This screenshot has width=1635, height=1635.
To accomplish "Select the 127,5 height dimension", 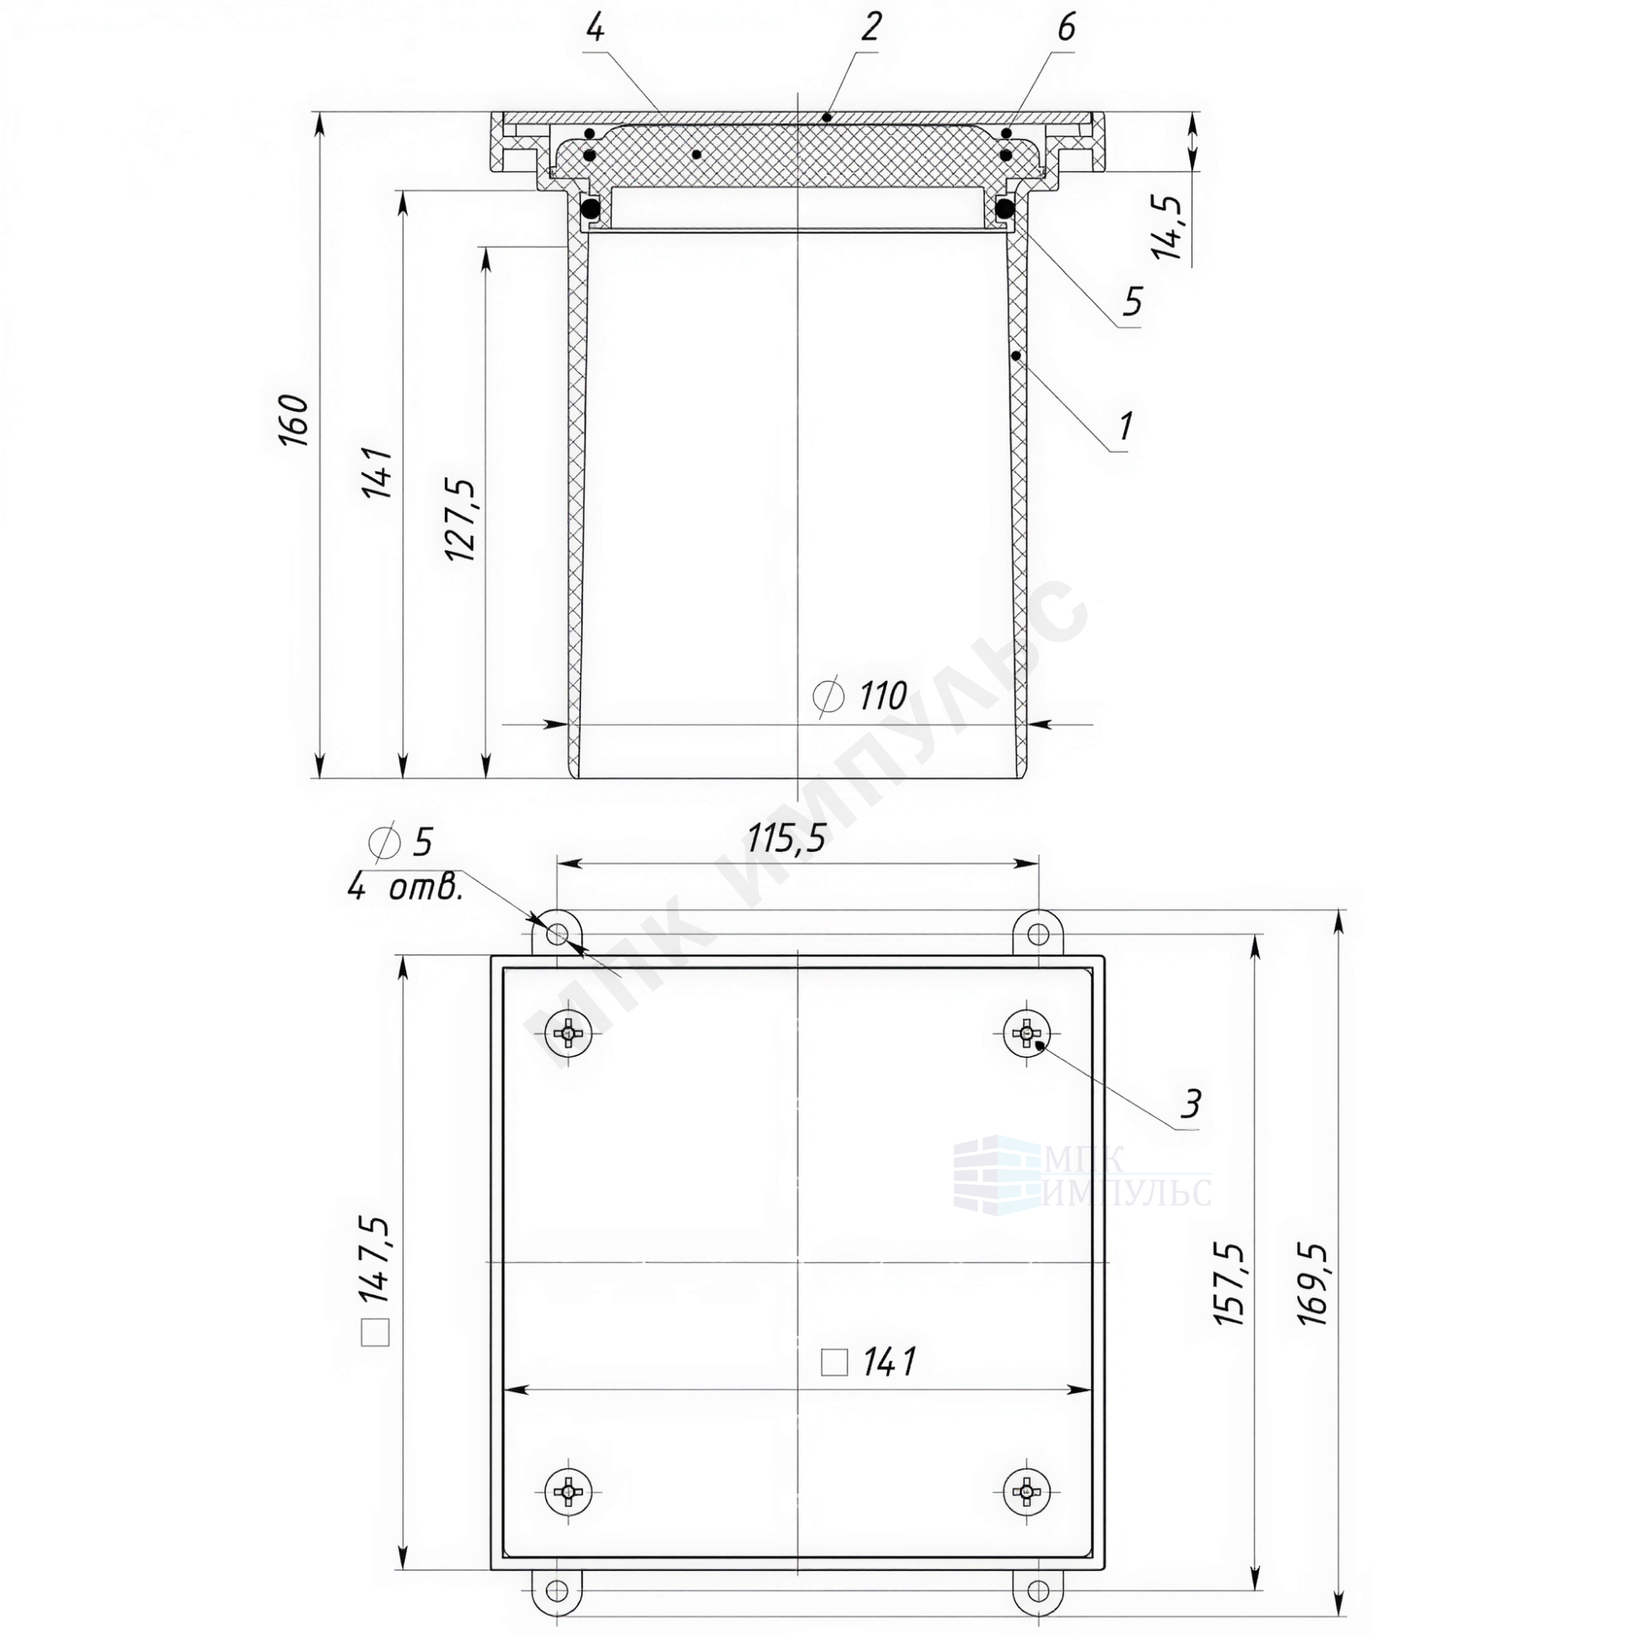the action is [x=463, y=518].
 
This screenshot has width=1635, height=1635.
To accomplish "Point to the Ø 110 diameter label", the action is [x=859, y=697].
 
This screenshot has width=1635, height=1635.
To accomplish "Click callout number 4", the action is [x=596, y=29].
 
